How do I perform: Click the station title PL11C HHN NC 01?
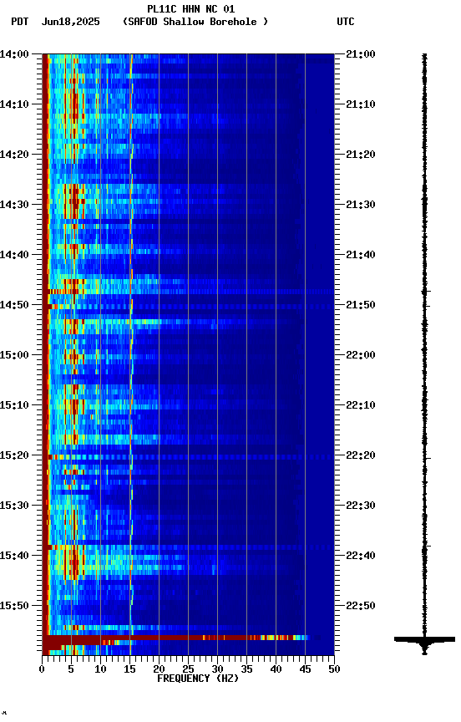pos(190,9)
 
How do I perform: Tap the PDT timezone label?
pos(20,22)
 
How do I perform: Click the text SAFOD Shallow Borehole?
pos(195,22)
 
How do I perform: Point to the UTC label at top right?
pos(346,22)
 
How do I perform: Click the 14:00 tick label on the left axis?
pos(15,54)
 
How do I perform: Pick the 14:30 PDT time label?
pos(15,205)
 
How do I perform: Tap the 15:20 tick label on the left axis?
pos(15,455)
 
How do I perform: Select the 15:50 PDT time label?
pos(15,606)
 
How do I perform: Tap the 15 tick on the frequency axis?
pos(129,669)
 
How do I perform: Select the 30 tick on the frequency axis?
pos(217,669)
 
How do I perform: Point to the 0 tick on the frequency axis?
pos(42,669)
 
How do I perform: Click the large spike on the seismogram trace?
pos(424,640)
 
